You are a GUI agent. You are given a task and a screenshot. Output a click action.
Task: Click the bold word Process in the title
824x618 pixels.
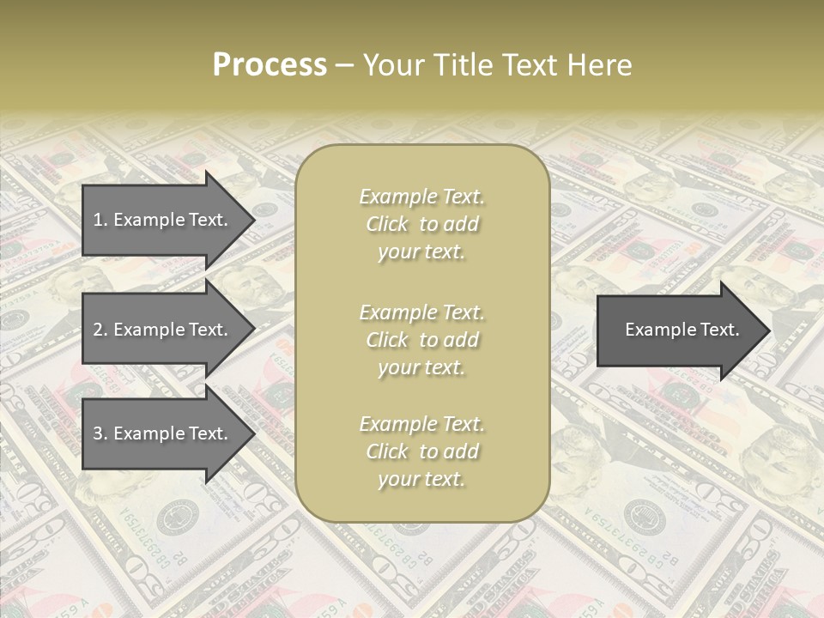[x=270, y=65]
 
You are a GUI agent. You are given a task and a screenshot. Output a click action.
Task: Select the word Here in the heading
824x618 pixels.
[x=598, y=65]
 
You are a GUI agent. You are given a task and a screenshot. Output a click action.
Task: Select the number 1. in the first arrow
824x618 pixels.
[x=100, y=220]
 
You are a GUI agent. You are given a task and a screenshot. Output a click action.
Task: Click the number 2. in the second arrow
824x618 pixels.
[x=100, y=330]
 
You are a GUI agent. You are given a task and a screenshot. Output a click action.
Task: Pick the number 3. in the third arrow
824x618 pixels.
[x=100, y=433]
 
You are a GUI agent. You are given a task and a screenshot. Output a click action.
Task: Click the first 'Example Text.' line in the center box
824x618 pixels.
[x=421, y=197]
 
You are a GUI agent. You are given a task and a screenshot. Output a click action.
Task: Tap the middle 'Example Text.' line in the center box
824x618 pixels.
[x=421, y=312]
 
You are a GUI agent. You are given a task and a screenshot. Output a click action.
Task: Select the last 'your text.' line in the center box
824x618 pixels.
[x=421, y=479]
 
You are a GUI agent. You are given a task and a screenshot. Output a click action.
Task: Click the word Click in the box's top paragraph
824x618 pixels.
[x=387, y=224]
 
